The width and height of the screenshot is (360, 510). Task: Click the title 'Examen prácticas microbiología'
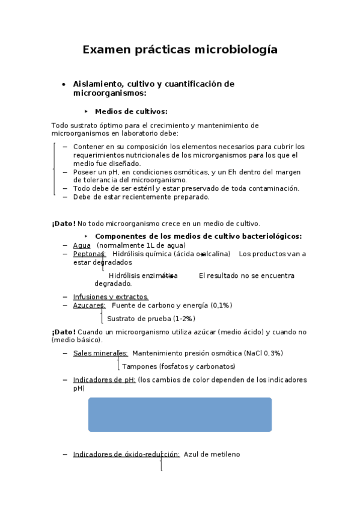pos(180,50)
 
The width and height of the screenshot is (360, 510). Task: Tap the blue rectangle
pos(180,414)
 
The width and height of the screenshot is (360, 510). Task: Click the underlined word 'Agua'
pos(82,245)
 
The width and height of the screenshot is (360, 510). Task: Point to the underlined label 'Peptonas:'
pos(89,254)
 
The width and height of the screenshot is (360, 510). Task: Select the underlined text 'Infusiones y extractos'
pos(110,297)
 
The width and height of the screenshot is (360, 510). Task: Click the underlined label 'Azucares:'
pos(89,306)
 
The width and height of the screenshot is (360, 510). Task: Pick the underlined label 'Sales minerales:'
pos(100,353)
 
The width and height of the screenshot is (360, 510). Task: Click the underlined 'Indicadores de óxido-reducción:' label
pos(126,455)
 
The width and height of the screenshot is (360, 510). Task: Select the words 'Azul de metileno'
pos(212,455)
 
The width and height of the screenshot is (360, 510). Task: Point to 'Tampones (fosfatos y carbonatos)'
pos(178,366)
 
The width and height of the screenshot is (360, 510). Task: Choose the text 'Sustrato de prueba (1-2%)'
pos(151,319)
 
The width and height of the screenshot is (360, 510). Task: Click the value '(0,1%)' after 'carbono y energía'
pos(221,306)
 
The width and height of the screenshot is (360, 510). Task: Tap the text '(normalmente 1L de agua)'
pos(141,245)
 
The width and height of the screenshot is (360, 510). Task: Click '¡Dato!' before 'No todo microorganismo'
pos(64,224)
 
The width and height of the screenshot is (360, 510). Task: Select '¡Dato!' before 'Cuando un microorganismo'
pos(64,331)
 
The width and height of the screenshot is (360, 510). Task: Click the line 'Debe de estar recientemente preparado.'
pos(141,197)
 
